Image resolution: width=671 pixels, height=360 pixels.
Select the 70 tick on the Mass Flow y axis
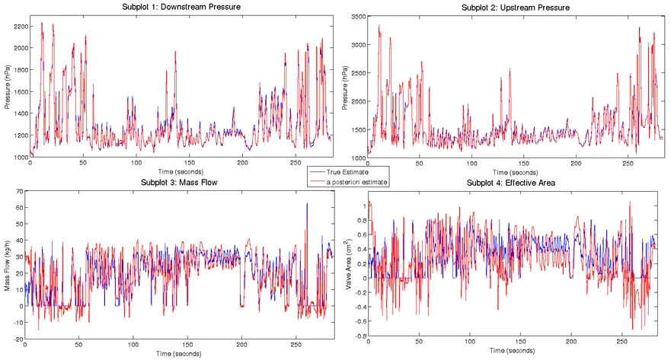click(x=18, y=190)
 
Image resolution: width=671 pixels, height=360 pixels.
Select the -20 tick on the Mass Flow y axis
click(x=17, y=339)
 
